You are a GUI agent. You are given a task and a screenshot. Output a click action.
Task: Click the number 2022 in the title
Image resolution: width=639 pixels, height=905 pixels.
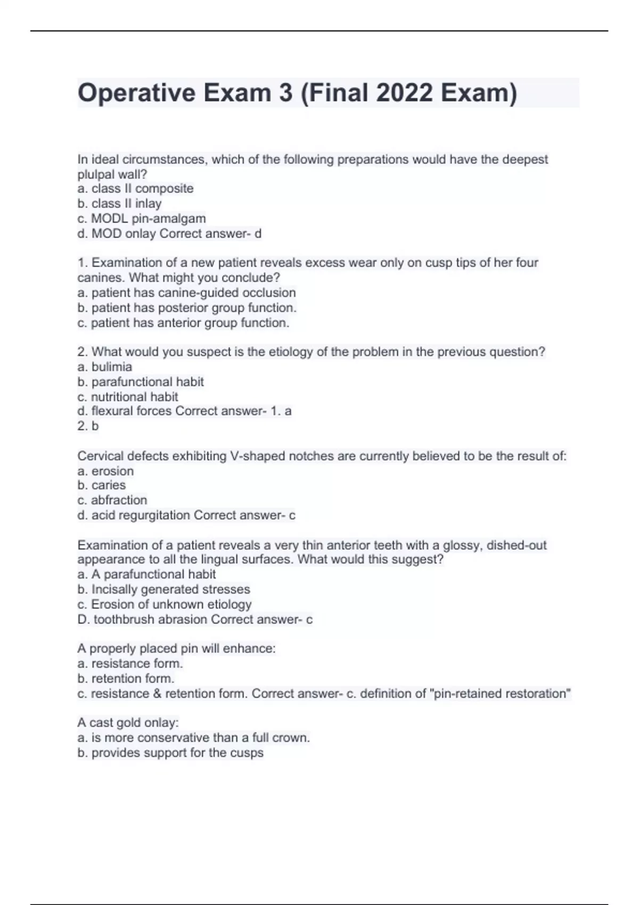click(404, 93)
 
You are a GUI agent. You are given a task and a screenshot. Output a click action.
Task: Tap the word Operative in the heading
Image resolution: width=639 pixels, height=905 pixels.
click(136, 93)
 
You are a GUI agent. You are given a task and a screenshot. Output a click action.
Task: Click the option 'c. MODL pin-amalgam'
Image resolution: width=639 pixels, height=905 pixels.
click(141, 218)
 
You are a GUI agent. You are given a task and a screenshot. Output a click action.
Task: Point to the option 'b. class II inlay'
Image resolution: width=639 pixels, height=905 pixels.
click(119, 203)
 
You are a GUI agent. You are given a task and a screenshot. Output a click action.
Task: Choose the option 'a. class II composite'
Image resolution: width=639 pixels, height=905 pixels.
click(135, 188)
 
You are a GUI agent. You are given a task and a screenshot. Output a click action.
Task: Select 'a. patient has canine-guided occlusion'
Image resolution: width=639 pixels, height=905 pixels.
click(186, 293)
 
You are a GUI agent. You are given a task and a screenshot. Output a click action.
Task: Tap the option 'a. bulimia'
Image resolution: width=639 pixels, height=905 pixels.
click(104, 367)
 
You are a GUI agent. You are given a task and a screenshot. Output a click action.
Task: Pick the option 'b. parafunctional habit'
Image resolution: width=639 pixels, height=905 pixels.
click(141, 382)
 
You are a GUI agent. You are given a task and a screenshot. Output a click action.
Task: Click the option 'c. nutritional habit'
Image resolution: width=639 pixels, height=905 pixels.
click(128, 397)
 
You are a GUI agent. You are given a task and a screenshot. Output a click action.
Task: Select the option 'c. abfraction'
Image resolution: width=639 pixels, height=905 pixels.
click(112, 500)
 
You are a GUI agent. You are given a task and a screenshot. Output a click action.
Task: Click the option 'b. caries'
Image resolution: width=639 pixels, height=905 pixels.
click(101, 485)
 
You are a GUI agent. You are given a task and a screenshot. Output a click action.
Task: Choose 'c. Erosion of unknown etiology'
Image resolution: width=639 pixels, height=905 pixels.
click(164, 604)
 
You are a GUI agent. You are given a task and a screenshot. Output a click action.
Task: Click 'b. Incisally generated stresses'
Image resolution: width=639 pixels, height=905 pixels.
click(163, 589)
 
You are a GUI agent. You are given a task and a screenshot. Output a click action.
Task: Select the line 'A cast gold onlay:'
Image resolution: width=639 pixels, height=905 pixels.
click(128, 723)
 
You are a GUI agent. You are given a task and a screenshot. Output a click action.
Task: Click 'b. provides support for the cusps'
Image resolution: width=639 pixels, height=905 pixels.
click(170, 753)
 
